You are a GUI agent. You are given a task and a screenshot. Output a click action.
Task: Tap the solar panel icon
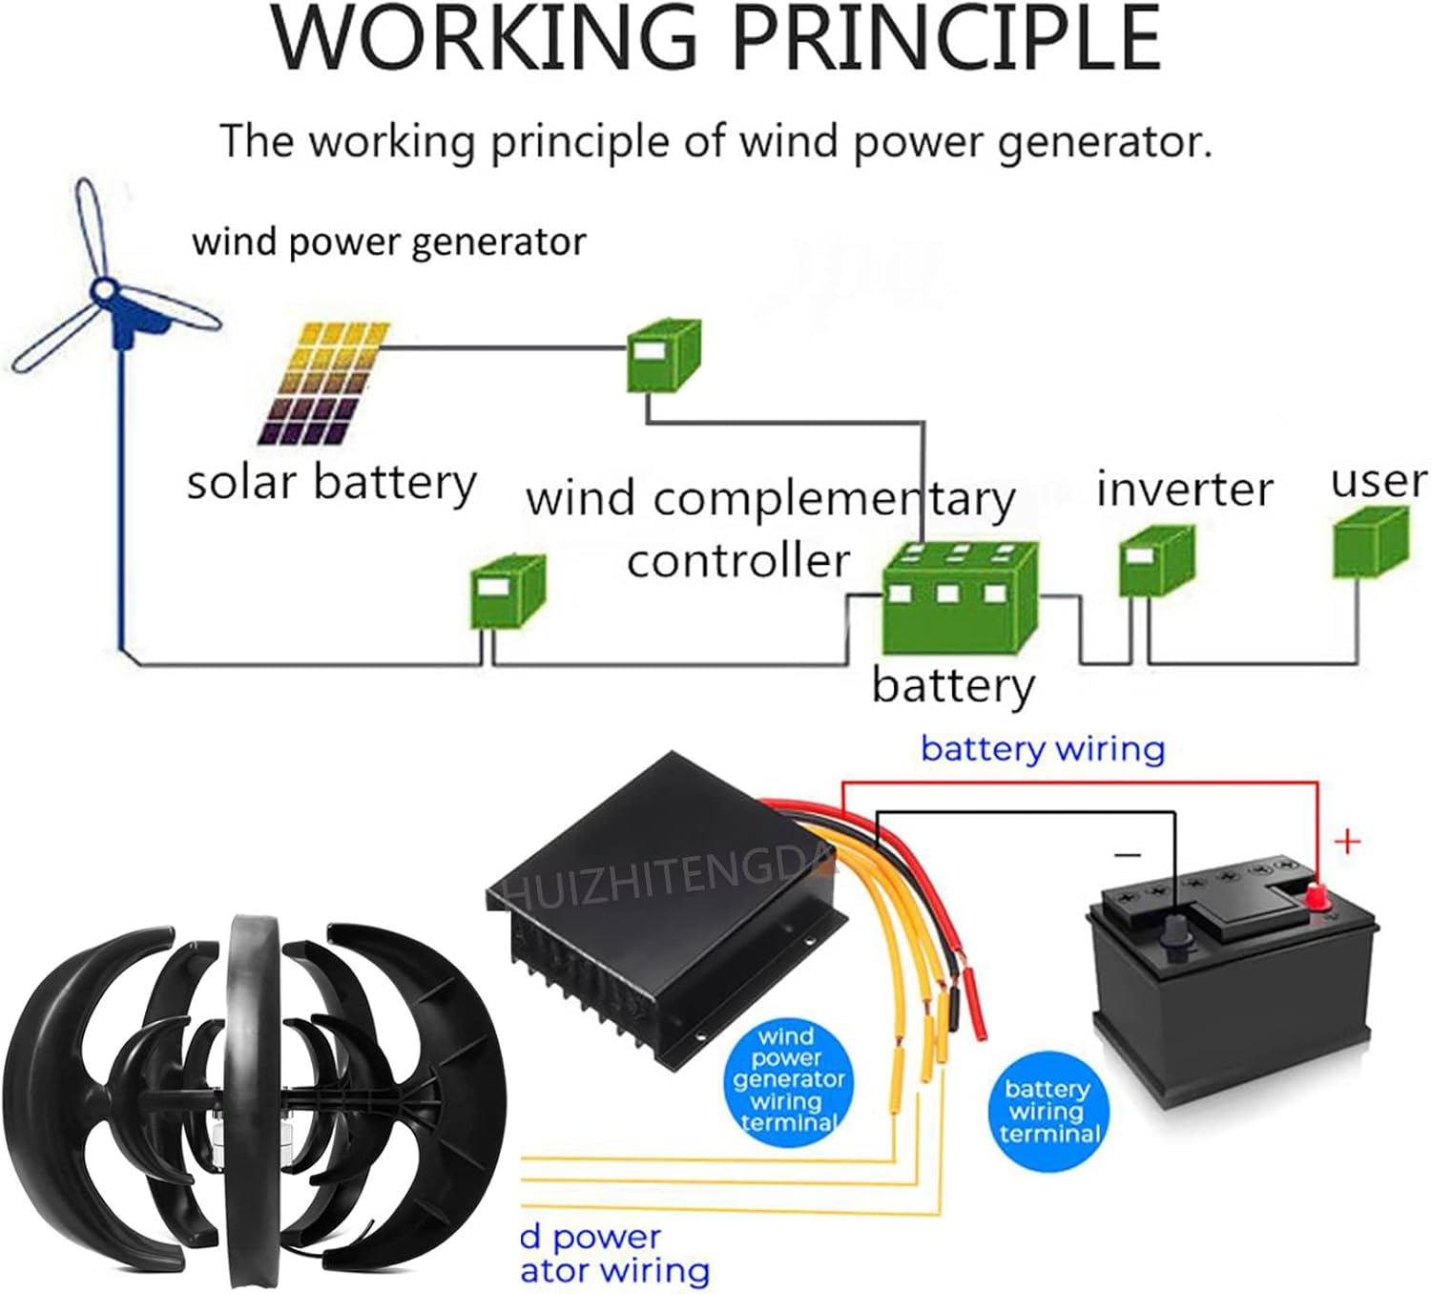tap(324, 384)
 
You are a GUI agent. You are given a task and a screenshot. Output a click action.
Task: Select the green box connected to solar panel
tap(662, 356)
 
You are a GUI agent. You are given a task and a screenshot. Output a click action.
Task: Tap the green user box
tap(1370, 543)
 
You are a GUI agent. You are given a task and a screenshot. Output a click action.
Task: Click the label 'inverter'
tap(1184, 490)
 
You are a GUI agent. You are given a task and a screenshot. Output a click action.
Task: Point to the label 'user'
tap(1379, 481)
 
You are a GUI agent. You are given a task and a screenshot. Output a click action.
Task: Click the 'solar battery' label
tap(331, 482)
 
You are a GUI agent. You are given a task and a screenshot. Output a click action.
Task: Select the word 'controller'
tap(737, 560)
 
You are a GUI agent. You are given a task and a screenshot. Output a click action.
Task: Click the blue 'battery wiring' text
tap(1043, 748)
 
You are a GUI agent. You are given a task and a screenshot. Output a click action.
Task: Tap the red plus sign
tap(1347, 842)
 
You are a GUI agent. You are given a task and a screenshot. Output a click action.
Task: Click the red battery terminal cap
tap(1317, 896)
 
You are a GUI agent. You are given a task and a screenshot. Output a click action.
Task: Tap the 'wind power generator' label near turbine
tap(388, 242)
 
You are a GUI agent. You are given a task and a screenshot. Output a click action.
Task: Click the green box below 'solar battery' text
tap(507, 593)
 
